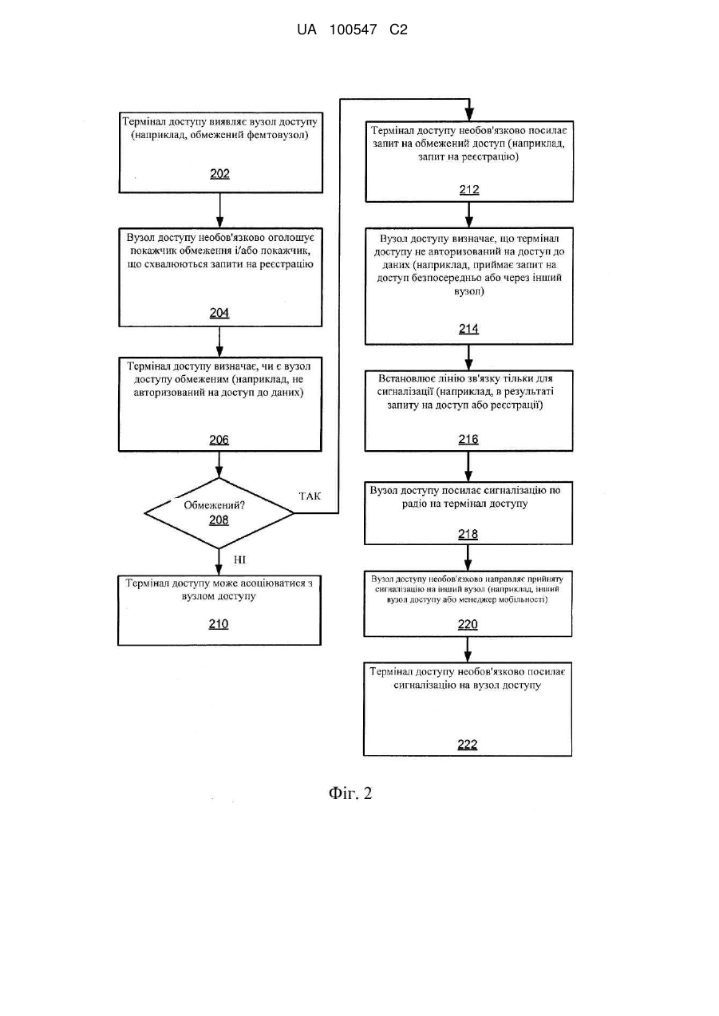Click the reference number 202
click(x=219, y=174)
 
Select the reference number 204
click(x=219, y=313)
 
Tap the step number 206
click(x=219, y=440)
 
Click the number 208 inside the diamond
click(x=219, y=520)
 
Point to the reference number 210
click(x=218, y=624)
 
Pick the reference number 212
click(x=469, y=189)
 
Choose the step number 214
click(x=468, y=329)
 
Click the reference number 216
click(x=468, y=439)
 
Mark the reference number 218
click(x=468, y=534)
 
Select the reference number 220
click(x=468, y=625)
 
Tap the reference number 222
click(x=468, y=745)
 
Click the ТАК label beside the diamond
click(x=310, y=496)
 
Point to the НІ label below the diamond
click(x=239, y=559)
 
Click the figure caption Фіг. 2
click(x=350, y=793)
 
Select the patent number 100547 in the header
click(x=353, y=30)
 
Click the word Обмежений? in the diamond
click(x=214, y=505)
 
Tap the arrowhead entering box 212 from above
click(x=469, y=115)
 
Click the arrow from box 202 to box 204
click(x=219, y=211)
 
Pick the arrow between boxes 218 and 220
click(x=468, y=557)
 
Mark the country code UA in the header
click(x=306, y=30)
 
